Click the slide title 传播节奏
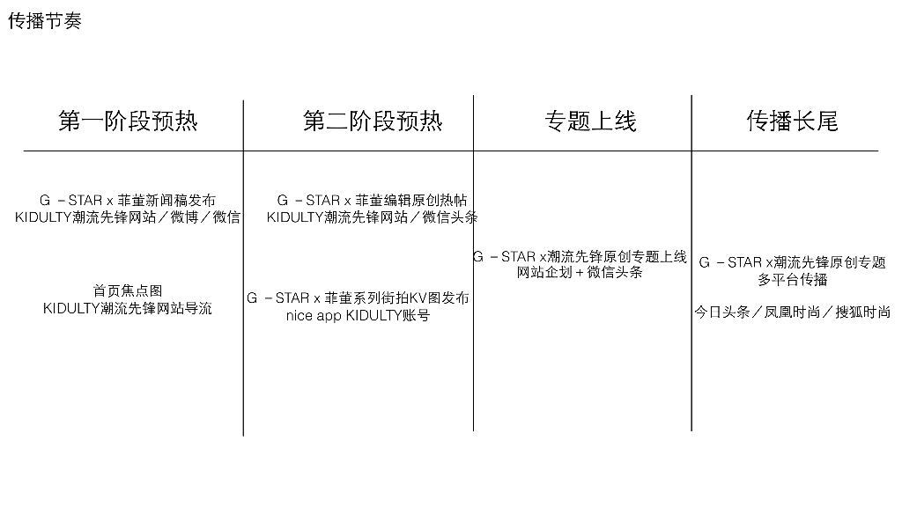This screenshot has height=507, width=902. click(45, 21)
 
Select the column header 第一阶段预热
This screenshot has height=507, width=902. click(129, 121)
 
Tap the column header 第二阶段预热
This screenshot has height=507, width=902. click(373, 121)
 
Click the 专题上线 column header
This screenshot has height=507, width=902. click(590, 121)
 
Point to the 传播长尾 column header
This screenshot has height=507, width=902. click(792, 121)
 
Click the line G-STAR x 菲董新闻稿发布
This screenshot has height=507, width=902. click(128, 201)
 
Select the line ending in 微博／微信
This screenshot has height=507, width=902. click(128, 217)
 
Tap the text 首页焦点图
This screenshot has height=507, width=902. click(128, 290)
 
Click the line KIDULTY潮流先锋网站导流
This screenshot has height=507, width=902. click(128, 308)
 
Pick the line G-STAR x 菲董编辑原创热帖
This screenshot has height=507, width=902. click(373, 201)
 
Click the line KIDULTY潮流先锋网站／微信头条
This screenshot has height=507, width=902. click(373, 217)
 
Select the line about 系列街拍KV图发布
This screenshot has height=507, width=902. click(358, 298)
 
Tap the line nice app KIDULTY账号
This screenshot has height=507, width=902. click(358, 315)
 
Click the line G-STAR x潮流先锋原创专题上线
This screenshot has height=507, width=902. click(580, 256)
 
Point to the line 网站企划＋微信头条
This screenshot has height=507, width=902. click(580, 273)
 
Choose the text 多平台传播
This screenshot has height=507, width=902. click(792, 279)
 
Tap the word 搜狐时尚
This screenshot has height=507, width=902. click(861, 312)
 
